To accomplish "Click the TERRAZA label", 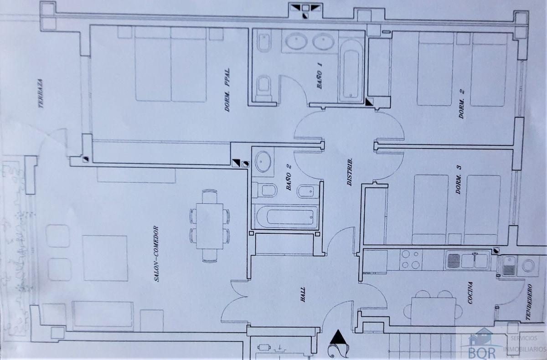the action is pyautogui.click(x=41, y=93).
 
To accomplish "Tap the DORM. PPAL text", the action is pyautogui.click(x=227, y=90).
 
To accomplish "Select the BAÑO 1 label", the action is pyautogui.click(x=320, y=76).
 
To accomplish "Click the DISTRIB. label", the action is pyautogui.click(x=350, y=172).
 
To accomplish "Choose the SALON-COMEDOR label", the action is pyautogui.click(x=156, y=254).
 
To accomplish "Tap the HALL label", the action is pyautogui.click(x=303, y=294).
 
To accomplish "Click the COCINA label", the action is pyautogui.click(x=470, y=293).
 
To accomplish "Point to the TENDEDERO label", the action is pyautogui.click(x=529, y=302).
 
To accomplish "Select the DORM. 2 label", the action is pyautogui.click(x=461, y=104).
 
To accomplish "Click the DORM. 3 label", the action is pyautogui.click(x=459, y=180).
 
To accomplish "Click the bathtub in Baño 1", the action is pyautogui.click(x=351, y=71).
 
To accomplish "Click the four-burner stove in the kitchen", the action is pyautogui.click(x=411, y=260).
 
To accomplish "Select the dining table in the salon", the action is pyautogui.click(x=210, y=226).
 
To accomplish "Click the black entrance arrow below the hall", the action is pyautogui.click(x=338, y=337).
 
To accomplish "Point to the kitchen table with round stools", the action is pyautogui.click(x=433, y=312).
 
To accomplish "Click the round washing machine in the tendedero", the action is pyautogui.click(x=528, y=266).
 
